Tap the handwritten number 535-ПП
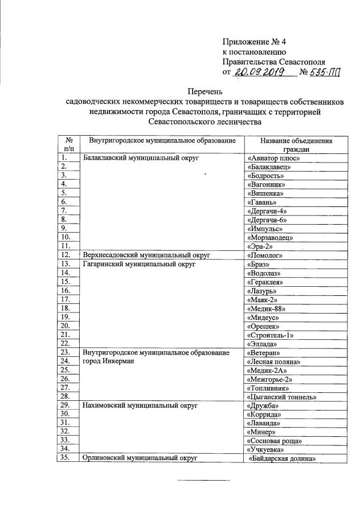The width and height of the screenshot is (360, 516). (329, 72)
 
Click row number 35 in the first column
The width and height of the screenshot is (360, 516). (68, 458)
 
